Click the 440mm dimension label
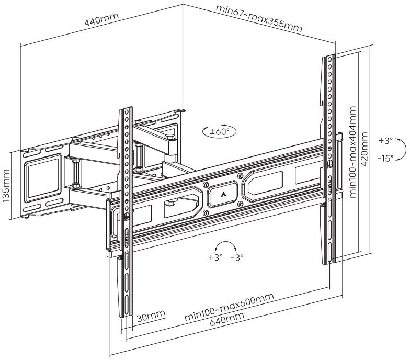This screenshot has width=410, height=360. [101, 19]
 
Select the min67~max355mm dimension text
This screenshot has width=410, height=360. [259, 18]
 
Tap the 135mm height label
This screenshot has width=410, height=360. [6, 185]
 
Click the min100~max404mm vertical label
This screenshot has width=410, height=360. [352, 152]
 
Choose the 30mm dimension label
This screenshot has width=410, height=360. [151, 316]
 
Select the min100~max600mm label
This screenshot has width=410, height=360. [229, 307]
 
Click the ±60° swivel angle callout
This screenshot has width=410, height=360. [219, 131]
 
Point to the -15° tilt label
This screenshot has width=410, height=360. [385, 158]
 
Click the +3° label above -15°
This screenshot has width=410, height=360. [386, 141]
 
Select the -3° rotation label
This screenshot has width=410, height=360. [237, 257]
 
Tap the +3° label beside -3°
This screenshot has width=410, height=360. [215, 257]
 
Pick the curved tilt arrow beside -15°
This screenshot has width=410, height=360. [401, 149]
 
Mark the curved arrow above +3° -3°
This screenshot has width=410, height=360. [226, 246]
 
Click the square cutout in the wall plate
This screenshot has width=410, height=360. [43, 178]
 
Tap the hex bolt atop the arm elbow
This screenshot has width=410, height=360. [169, 137]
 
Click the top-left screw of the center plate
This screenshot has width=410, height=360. [206, 184]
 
